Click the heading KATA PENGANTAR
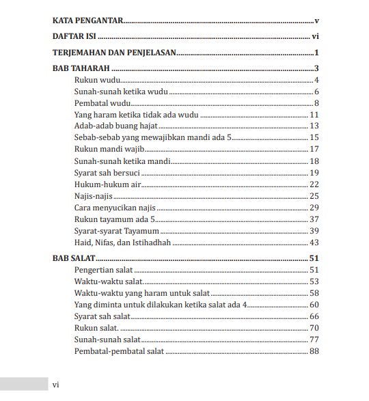(x=87, y=21)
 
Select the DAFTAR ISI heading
(x=74, y=36)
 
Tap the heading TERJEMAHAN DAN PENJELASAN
(x=114, y=53)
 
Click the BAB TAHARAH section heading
(x=81, y=68)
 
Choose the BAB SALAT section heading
(x=74, y=258)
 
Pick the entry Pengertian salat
(x=103, y=270)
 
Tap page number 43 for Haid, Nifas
(x=314, y=243)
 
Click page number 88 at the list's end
(x=314, y=351)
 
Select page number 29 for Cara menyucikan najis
(x=314, y=208)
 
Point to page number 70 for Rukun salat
(x=314, y=328)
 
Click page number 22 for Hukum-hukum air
(x=314, y=184)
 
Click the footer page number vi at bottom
(x=56, y=385)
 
